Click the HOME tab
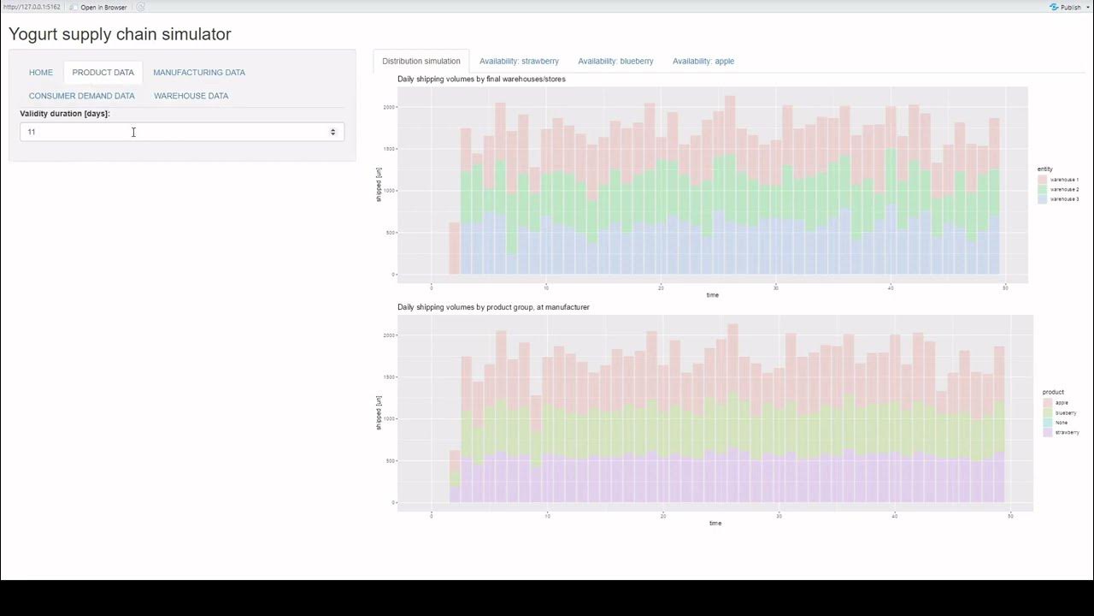pos(41,73)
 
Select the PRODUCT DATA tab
pos(103,73)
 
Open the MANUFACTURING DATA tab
pos(199,73)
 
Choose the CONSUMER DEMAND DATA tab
pos(82,96)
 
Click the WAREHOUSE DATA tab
pos(191,96)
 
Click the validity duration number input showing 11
pos(171,132)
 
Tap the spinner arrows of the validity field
pos(333,132)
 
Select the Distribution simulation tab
pos(421,62)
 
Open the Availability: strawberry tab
pos(519,62)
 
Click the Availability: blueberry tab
pos(615,62)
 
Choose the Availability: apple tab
pos(703,62)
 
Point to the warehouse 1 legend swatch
pos(1043,180)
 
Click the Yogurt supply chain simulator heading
pos(120,35)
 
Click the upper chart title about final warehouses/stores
pos(481,79)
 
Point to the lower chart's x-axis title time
pos(715,523)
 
